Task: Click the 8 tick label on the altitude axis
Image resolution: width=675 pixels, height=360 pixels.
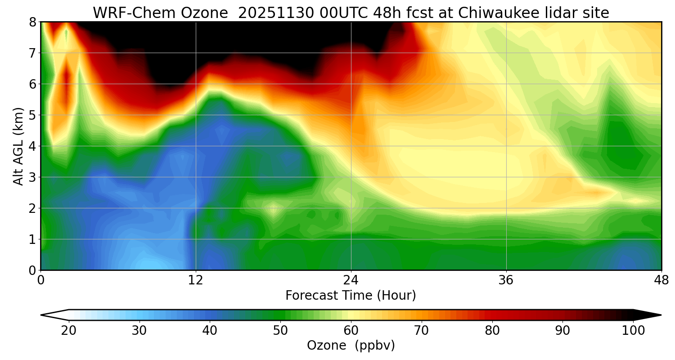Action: click(32, 22)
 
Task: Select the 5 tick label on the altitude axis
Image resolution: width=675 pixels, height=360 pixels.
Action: click(32, 115)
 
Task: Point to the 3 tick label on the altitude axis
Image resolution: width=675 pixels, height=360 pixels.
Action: click(32, 177)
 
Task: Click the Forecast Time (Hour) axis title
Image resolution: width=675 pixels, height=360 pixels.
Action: click(351, 296)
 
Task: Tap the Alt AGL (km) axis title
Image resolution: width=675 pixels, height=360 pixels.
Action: click(18, 146)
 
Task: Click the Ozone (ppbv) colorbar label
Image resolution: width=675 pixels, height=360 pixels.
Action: click(351, 346)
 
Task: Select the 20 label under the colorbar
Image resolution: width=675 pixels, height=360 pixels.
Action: click(69, 331)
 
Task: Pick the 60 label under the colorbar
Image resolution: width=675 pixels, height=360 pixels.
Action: click(351, 331)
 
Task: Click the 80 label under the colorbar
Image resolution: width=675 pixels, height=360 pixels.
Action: click(492, 331)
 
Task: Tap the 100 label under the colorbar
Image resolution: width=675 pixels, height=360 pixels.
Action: click(633, 331)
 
